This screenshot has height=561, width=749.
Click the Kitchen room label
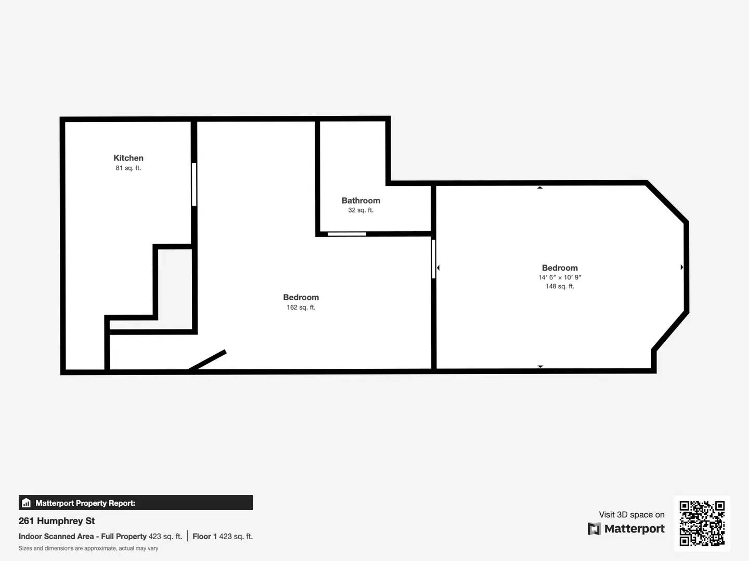tap(128, 158)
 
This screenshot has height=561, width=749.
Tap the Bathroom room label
tap(360, 201)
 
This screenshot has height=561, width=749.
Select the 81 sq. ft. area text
tap(128, 168)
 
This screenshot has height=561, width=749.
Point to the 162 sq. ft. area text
tap(301, 308)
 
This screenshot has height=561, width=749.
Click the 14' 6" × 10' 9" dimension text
tap(560, 277)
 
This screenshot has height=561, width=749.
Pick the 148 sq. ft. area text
tap(560, 286)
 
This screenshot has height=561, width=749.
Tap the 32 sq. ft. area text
tap(360, 210)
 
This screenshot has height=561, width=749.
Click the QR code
tap(702, 523)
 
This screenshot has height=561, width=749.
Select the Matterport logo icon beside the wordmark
tap(594, 529)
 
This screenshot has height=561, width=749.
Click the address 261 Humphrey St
tap(57, 521)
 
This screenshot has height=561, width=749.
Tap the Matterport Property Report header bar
tap(135, 503)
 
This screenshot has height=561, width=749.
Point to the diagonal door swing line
tap(207, 361)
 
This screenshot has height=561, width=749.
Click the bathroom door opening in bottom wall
tap(347, 234)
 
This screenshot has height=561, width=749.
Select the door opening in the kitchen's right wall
tap(194, 184)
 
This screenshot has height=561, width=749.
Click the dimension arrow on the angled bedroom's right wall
tap(682, 267)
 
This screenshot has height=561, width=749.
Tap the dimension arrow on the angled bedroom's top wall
tap(540, 188)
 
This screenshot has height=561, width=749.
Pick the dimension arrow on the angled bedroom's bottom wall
tap(540, 366)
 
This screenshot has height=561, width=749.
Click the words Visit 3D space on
tap(631, 515)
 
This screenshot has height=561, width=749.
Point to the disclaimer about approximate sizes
tap(88, 549)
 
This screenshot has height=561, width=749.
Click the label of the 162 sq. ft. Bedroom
tap(301, 298)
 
